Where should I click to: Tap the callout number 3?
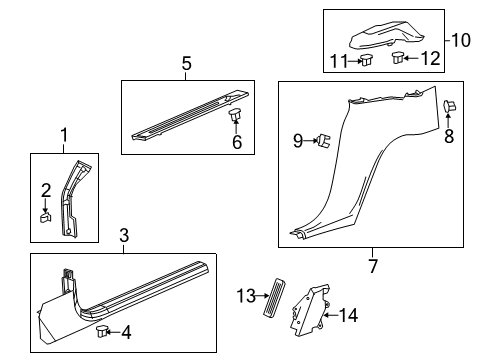(122, 236)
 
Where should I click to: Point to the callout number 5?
(185, 63)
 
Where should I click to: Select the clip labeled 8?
(449, 107)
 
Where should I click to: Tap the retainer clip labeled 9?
(326, 142)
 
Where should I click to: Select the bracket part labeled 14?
(309, 315)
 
